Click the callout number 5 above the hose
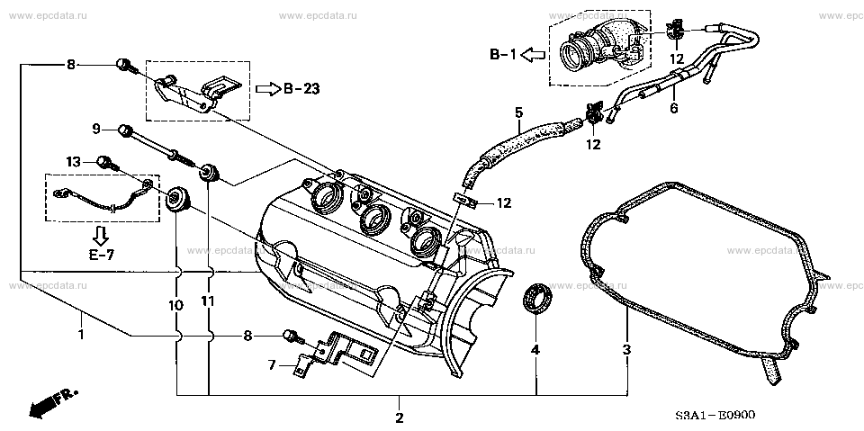(x=518, y=113)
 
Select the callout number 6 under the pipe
(x=673, y=109)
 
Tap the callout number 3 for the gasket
(x=627, y=349)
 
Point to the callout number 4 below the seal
(x=535, y=349)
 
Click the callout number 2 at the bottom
(x=400, y=418)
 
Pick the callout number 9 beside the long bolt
(x=95, y=130)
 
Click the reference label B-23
(x=301, y=89)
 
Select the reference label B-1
(x=502, y=54)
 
